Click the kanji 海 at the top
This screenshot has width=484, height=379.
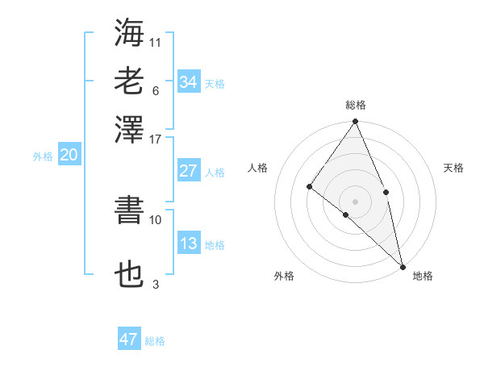[x=129, y=32]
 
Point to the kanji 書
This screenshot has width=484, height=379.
[x=129, y=210]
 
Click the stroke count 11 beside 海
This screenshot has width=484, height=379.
[x=156, y=42]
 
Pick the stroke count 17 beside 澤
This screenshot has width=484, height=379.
[x=156, y=138]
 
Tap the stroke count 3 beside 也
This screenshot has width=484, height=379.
[x=156, y=284]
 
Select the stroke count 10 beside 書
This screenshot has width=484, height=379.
[x=156, y=219]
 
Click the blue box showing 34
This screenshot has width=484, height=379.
[x=188, y=82]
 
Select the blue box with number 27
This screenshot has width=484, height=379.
[x=188, y=171]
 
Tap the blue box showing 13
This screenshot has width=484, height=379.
[x=188, y=244]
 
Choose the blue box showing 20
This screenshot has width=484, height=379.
[x=69, y=156]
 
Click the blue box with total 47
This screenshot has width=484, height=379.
[x=129, y=339]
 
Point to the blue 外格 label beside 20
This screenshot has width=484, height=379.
[x=43, y=156]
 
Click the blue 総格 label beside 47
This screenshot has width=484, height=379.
[x=155, y=341]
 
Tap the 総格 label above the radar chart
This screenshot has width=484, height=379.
[x=356, y=105]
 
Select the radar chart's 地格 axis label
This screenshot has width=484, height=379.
[x=423, y=276]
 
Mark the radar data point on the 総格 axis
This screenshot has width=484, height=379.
[x=356, y=123]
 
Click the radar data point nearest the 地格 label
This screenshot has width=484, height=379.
[x=402, y=264]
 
